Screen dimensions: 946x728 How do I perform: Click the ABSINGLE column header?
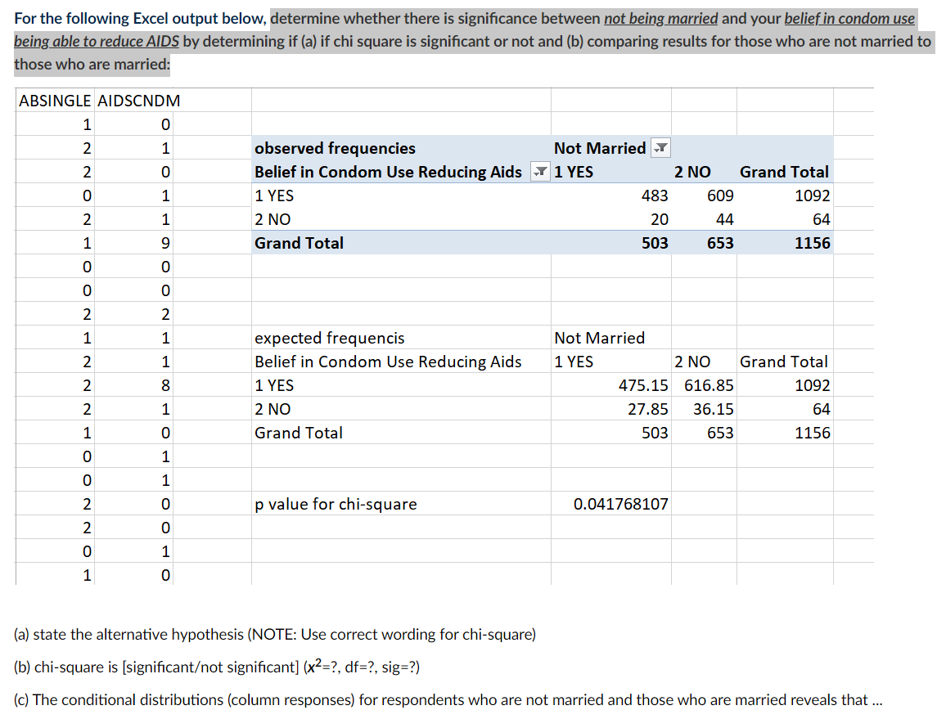click(55, 101)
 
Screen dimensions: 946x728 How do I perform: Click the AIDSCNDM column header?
click(139, 101)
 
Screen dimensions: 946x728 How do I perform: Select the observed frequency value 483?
click(654, 195)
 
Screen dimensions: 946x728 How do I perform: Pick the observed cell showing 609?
click(720, 195)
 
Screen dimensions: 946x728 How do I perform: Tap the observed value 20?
click(659, 219)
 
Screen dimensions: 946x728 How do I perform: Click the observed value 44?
click(724, 219)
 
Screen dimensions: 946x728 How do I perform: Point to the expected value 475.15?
click(642, 385)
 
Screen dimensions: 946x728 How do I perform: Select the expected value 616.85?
click(709, 385)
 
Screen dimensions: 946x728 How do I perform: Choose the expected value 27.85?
click(647, 409)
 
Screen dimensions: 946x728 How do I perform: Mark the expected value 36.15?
click(713, 409)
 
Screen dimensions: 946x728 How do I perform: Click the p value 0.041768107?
click(620, 504)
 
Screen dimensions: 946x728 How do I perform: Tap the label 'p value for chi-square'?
click(336, 504)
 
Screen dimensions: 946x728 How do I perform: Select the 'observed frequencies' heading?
click(335, 148)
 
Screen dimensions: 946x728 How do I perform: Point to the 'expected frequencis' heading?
click(329, 338)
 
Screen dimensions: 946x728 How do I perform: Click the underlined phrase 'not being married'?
click(660, 18)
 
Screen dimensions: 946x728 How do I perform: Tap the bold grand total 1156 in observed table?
click(812, 243)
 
